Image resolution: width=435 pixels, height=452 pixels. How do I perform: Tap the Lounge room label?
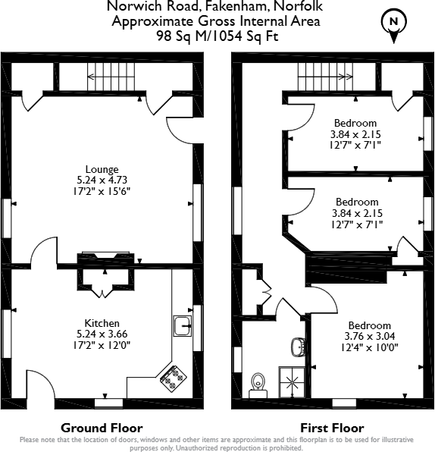102,169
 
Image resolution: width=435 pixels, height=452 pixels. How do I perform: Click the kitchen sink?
183,326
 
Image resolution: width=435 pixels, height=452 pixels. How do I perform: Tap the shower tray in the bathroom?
292,382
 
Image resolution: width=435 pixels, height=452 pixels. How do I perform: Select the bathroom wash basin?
298,347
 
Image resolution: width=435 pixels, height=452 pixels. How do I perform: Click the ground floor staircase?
111,77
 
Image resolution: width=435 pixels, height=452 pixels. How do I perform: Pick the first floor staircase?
325,77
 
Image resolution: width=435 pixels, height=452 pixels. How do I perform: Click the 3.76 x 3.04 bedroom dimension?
370,336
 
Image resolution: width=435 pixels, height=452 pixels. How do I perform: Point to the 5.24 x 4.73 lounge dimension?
102,180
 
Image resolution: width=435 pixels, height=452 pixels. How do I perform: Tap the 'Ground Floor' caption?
102,428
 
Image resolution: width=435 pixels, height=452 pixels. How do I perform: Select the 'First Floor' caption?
332,428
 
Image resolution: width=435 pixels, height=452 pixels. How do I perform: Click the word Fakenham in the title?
236,6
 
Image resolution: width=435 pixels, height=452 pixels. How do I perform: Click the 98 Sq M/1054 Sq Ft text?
217,36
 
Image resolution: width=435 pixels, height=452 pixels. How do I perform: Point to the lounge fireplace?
105,258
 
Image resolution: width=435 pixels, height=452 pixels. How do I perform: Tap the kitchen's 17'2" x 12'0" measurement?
102,345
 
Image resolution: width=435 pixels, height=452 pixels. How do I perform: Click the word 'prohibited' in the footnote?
283,448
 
